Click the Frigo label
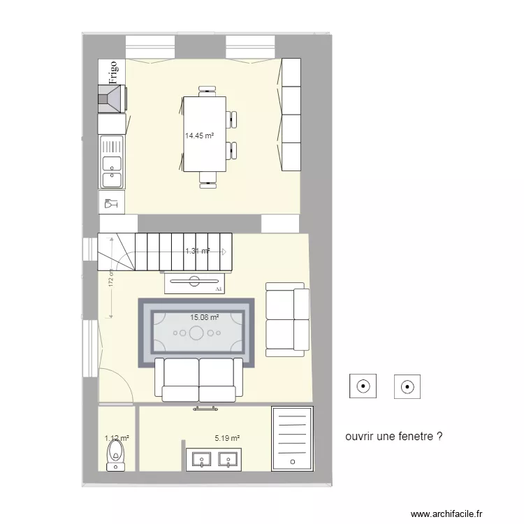point(112,71)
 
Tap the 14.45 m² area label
point(199,136)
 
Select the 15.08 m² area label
point(205,316)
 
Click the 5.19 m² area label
point(228,439)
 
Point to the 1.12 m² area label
point(117,438)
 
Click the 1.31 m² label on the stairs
point(197,251)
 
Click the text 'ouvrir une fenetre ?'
point(394,436)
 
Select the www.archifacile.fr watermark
point(446,514)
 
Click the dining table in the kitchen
point(205,133)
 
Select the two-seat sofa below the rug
point(198,381)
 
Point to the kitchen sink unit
point(112,162)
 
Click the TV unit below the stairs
point(194,282)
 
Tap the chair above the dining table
point(208,89)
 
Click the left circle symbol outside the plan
point(363,386)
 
